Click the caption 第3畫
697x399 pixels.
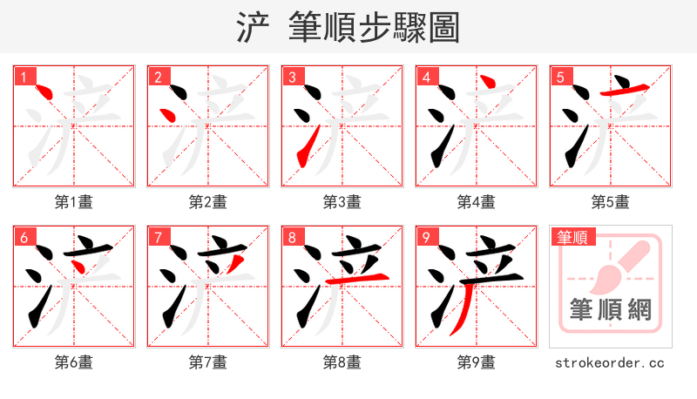click(x=342, y=202)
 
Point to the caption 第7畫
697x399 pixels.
click(x=207, y=362)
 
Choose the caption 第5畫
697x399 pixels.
click(x=610, y=202)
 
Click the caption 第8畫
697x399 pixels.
click(x=342, y=362)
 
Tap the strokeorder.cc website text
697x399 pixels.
click(x=610, y=362)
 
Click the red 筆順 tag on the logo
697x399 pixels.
click(x=572, y=237)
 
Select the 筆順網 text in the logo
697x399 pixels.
click(x=610, y=310)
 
